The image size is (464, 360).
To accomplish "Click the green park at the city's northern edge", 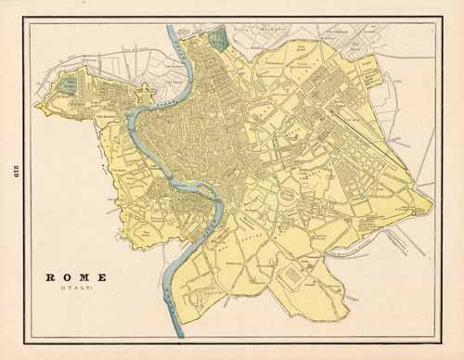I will point(218,40).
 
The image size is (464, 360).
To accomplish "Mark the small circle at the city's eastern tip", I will point(415,212).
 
